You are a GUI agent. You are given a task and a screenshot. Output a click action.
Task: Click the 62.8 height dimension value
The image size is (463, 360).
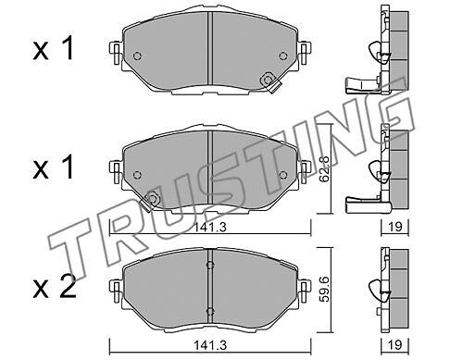(x=324, y=168)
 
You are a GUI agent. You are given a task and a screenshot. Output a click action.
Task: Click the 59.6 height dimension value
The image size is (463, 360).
(x=324, y=289)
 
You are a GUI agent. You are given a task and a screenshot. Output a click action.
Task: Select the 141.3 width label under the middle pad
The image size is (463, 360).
(x=210, y=228)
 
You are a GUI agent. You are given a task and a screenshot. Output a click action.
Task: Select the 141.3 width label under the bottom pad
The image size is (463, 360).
(x=210, y=345)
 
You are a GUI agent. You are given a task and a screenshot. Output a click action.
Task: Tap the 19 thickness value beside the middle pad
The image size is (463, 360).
(x=395, y=227)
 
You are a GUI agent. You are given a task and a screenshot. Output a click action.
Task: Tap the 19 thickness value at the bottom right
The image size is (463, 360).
(x=395, y=345)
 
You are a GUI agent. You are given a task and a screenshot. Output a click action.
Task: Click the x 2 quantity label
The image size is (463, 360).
(x=55, y=286)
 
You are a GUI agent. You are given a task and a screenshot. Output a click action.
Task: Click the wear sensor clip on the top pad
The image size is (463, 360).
(x=269, y=82)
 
